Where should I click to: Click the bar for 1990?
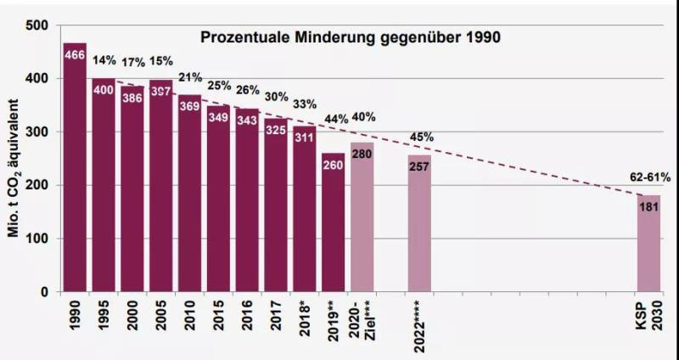[x=75, y=170]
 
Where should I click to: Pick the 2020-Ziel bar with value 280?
[x=362, y=221]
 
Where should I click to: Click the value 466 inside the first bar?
[x=75, y=55]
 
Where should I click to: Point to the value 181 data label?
[x=649, y=205]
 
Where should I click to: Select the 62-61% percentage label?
[x=650, y=178]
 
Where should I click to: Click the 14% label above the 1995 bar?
[x=104, y=60]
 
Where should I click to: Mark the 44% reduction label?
[x=336, y=119]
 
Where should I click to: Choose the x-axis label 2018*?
[x=304, y=319]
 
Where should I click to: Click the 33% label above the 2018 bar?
[x=305, y=104]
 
